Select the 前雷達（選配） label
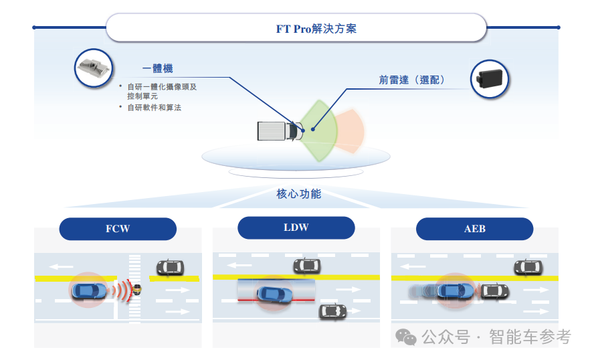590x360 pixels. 412,80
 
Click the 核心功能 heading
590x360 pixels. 298,194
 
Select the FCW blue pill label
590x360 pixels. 118,229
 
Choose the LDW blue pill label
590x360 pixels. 296,228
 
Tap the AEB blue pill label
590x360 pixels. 474,229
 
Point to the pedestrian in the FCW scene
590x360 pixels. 137,289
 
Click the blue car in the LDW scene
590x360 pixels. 275,293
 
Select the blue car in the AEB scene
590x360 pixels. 456,291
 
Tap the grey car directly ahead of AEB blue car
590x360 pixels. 494,291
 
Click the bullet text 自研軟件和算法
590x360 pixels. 155,107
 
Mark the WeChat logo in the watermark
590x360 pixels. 405,337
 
